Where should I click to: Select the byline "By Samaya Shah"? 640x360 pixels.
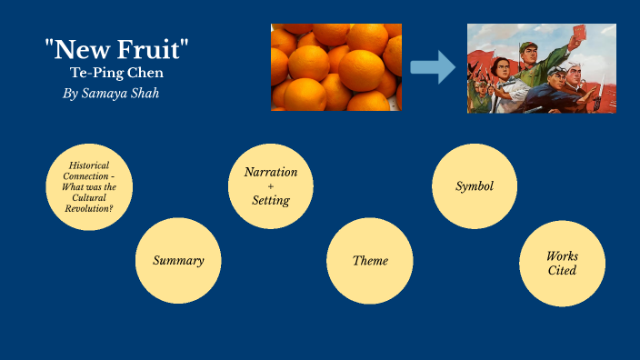tap(111, 94)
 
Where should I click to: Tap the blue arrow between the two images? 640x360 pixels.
tap(433, 67)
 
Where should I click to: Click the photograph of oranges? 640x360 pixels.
tap(335, 67)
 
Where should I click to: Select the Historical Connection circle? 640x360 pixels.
tap(89, 185)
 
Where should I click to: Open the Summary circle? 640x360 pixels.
tap(178, 261)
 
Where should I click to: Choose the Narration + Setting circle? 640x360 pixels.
tap(271, 186)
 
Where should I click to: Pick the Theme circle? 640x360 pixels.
tap(370, 261)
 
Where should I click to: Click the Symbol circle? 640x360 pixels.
tap(475, 186)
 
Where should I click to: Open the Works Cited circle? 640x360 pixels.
tap(562, 264)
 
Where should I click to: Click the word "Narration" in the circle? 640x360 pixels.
tap(271, 172)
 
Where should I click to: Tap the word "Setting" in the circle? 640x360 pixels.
tap(271, 200)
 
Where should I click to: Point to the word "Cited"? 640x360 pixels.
tap(562, 271)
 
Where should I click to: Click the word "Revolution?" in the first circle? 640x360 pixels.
tap(89, 208)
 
